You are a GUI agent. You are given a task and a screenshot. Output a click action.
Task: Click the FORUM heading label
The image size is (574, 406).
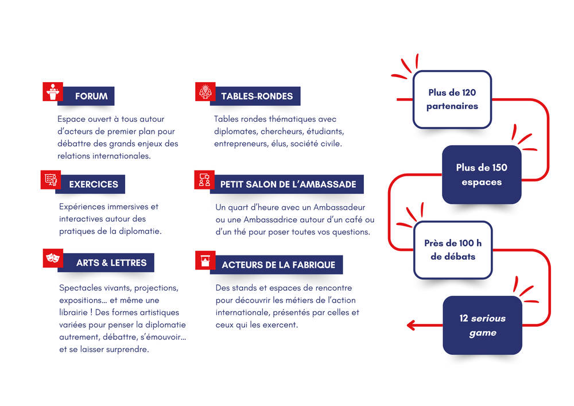click(91, 96)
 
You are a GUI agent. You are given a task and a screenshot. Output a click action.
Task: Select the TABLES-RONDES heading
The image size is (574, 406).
click(257, 96)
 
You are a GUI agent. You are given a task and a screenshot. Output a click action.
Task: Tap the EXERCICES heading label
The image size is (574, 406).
click(94, 184)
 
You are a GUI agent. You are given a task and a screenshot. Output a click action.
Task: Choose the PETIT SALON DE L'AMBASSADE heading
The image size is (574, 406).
click(288, 184)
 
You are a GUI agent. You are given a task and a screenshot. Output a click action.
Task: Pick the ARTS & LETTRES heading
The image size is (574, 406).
click(111, 263)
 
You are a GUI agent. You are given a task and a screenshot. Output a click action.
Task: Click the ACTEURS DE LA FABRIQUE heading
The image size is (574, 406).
click(278, 265)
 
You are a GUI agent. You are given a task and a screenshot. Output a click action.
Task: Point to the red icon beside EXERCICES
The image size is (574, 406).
click(51, 180)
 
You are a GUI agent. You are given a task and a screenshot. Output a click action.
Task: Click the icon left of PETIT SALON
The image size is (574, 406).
click(204, 180)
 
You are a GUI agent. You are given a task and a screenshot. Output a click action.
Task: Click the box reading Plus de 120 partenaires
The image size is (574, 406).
click(452, 99)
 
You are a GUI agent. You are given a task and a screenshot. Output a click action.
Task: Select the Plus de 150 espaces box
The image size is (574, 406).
click(482, 175)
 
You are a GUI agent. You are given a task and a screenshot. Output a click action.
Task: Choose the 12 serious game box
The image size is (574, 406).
click(482, 326)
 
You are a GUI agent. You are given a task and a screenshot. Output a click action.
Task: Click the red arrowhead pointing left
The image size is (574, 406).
click(411, 325)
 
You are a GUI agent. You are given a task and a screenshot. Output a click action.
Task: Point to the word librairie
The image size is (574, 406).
click(77, 312)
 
